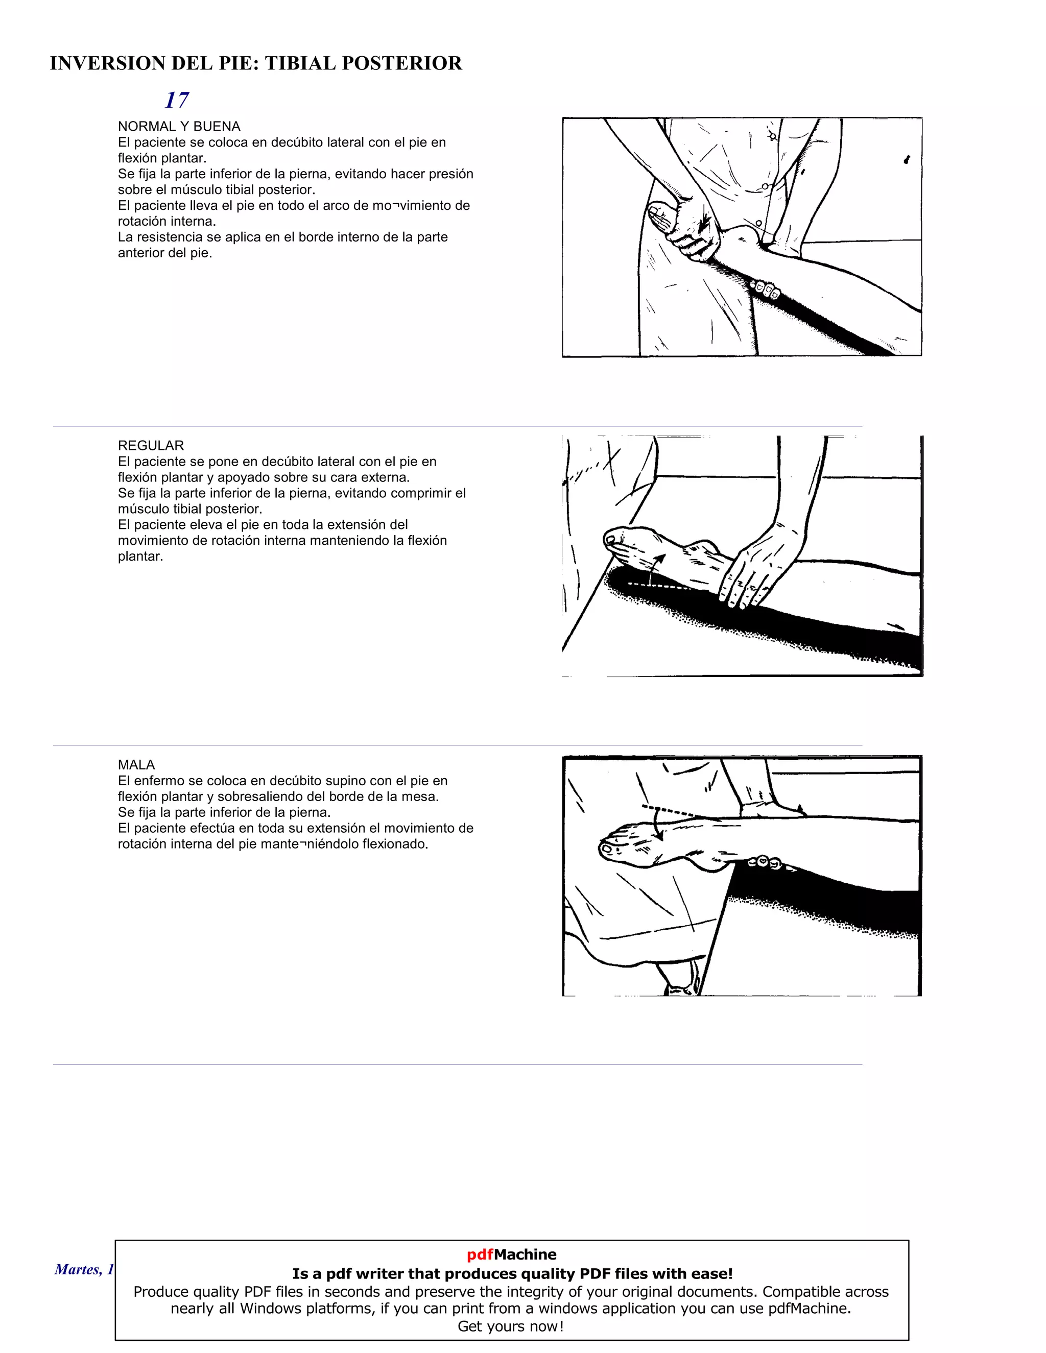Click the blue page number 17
[177, 100]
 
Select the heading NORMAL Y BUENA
[179, 127]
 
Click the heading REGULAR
[151, 445]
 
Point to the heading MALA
[136, 764]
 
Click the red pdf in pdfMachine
[480, 1254]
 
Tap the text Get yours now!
[511, 1326]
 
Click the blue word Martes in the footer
[77, 1269]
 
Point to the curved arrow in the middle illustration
[656, 567]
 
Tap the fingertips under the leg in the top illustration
[766, 288]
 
